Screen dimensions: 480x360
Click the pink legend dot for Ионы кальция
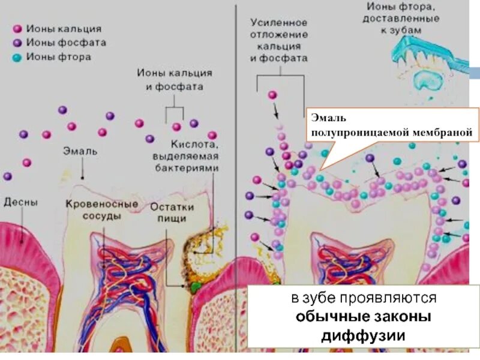[x=17, y=29]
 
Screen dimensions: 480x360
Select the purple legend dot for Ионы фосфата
[x=17, y=43]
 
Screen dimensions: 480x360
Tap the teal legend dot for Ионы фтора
[x=17, y=58]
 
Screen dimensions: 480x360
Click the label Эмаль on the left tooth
[x=80, y=151]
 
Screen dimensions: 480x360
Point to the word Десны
[x=20, y=203]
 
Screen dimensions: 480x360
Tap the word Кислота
[x=193, y=145]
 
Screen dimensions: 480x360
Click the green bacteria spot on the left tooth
[x=194, y=286]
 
